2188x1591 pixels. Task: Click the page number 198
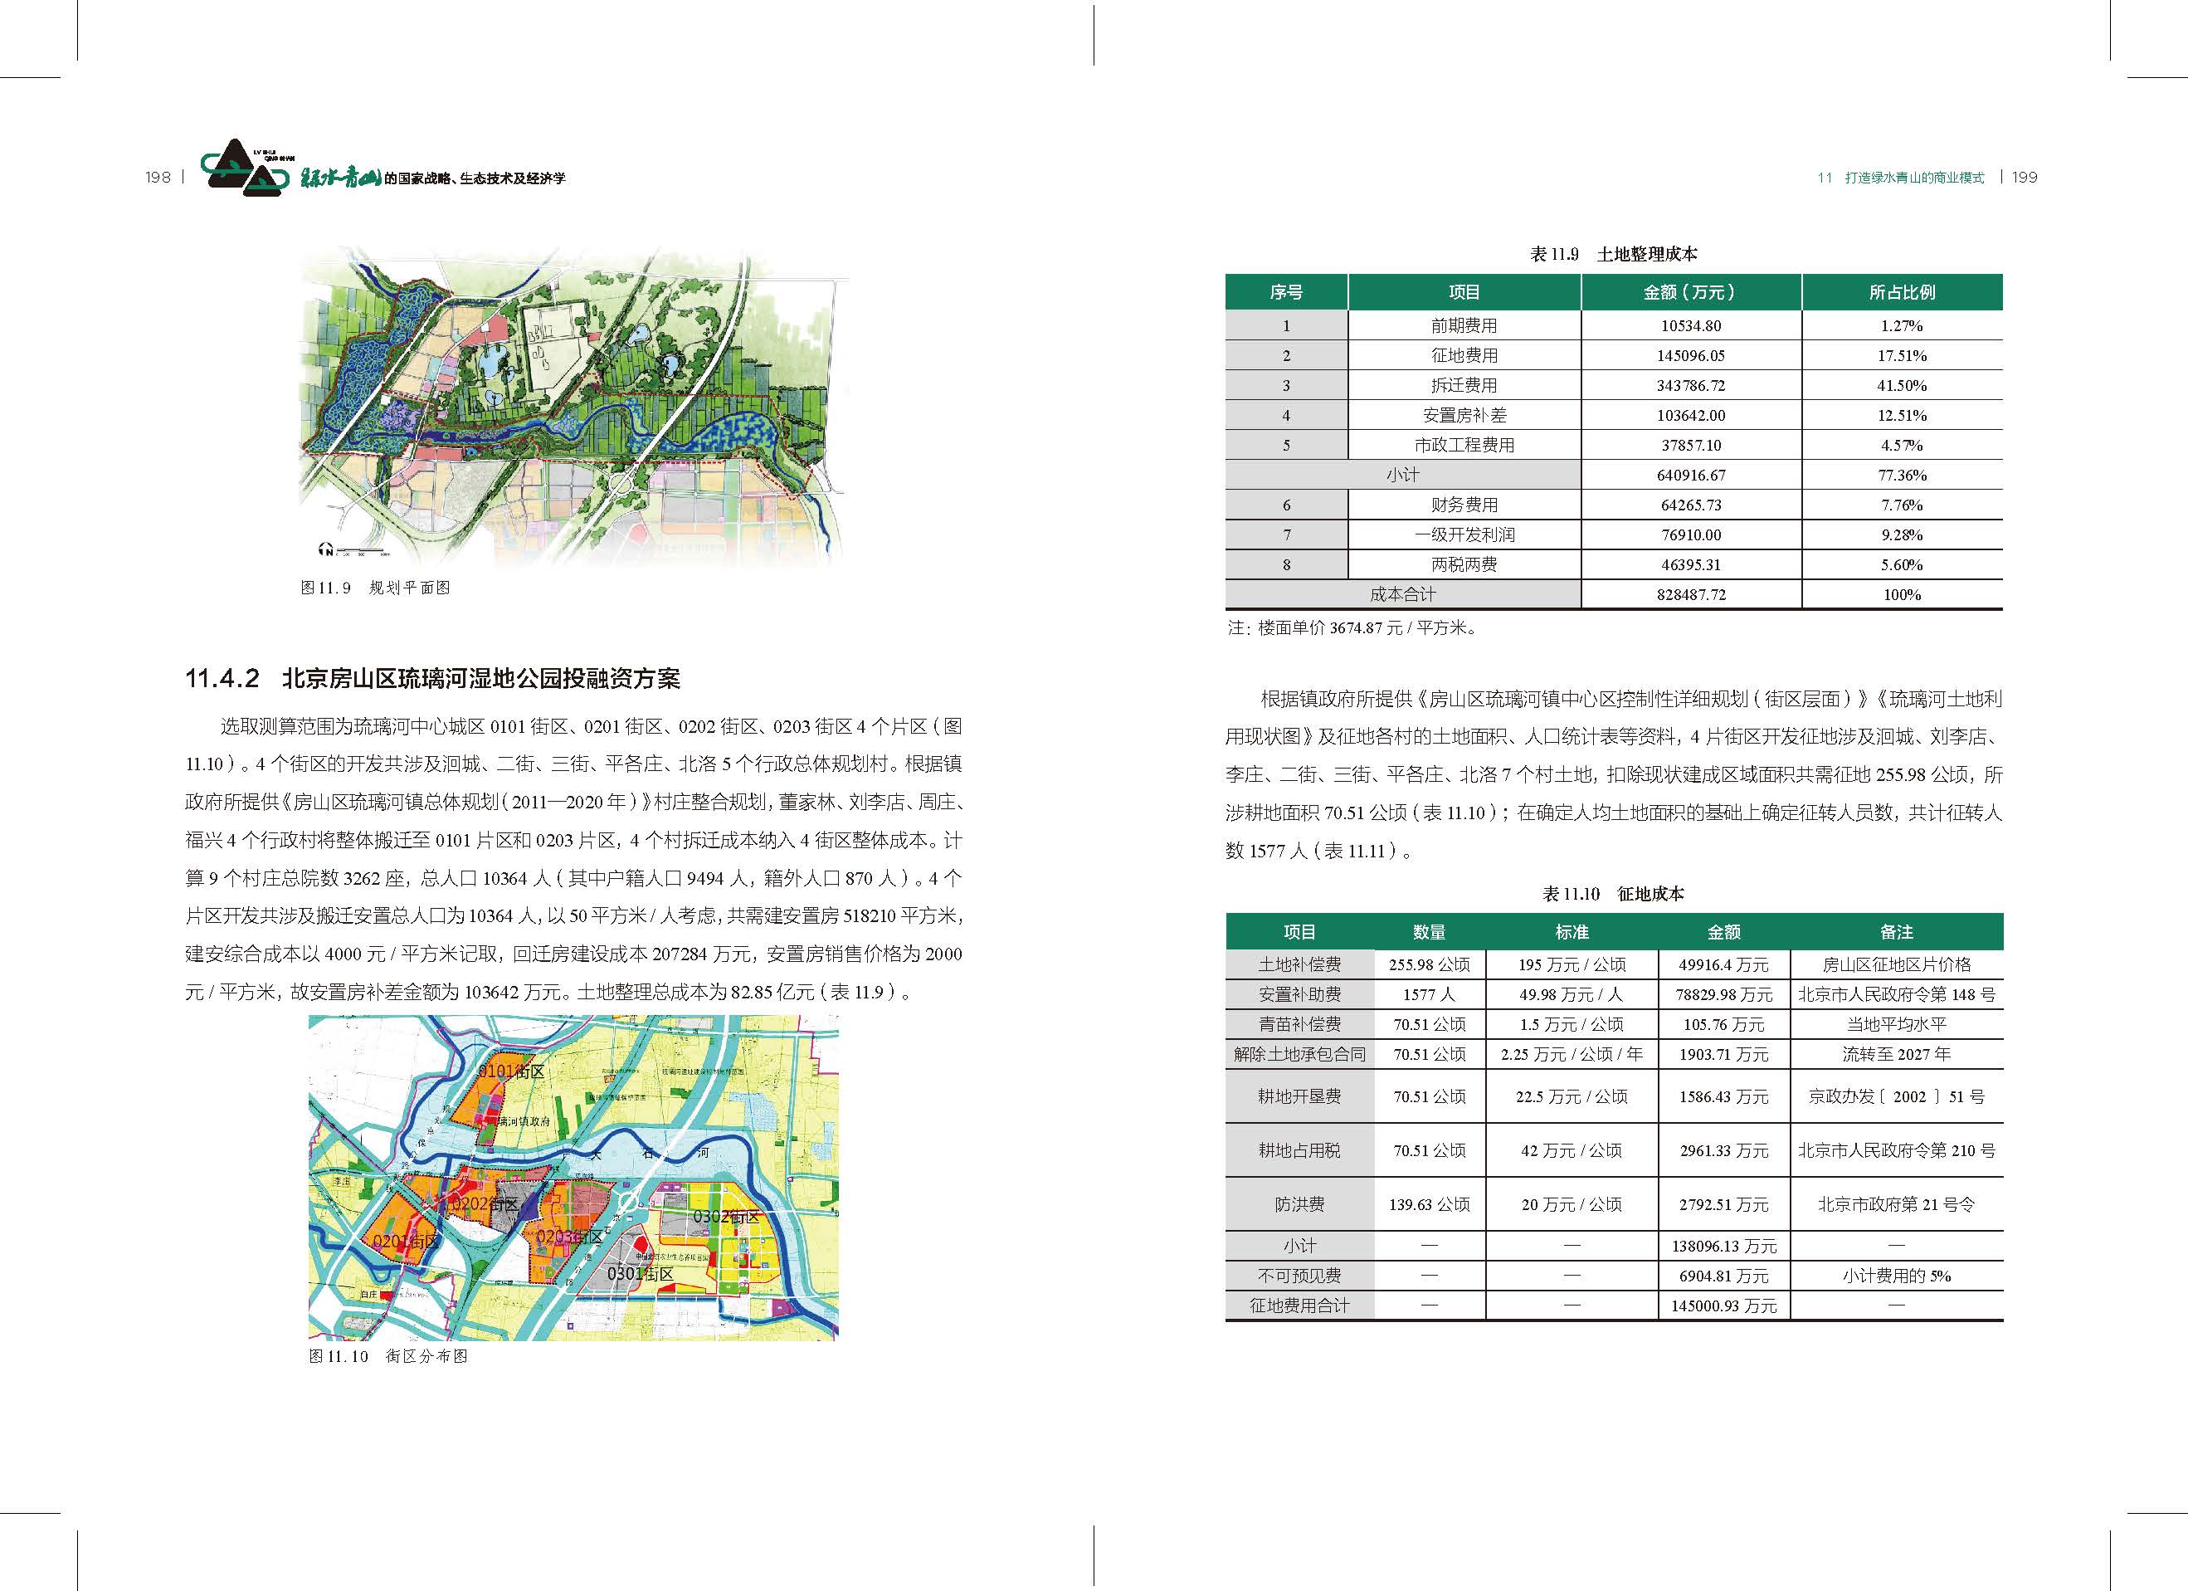[x=158, y=178]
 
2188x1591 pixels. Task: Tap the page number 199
[x=2025, y=178]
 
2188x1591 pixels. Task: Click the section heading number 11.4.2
[x=222, y=679]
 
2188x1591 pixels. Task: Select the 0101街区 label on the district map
[x=512, y=1071]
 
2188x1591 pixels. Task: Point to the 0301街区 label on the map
[x=640, y=1274]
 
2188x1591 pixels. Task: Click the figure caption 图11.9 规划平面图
[x=375, y=588]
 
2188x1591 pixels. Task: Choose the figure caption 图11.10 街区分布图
[x=387, y=1355]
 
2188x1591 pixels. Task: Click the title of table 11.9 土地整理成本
[x=1613, y=255]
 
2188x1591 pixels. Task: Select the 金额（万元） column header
[x=1690, y=292]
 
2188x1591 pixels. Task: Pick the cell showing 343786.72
[x=1690, y=386]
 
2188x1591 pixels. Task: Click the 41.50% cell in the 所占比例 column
[x=1902, y=386]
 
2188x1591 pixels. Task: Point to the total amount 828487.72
[x=1690, y=594]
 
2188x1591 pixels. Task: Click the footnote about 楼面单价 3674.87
[x=1352, y=628]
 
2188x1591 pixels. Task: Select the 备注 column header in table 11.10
[x=1896, y=932]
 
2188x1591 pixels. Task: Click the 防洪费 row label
[x=1299, y=1204]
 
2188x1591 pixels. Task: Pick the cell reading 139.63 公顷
[x=1429, y=1204]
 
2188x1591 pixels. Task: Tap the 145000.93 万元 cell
[x=1723, y=1305]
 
